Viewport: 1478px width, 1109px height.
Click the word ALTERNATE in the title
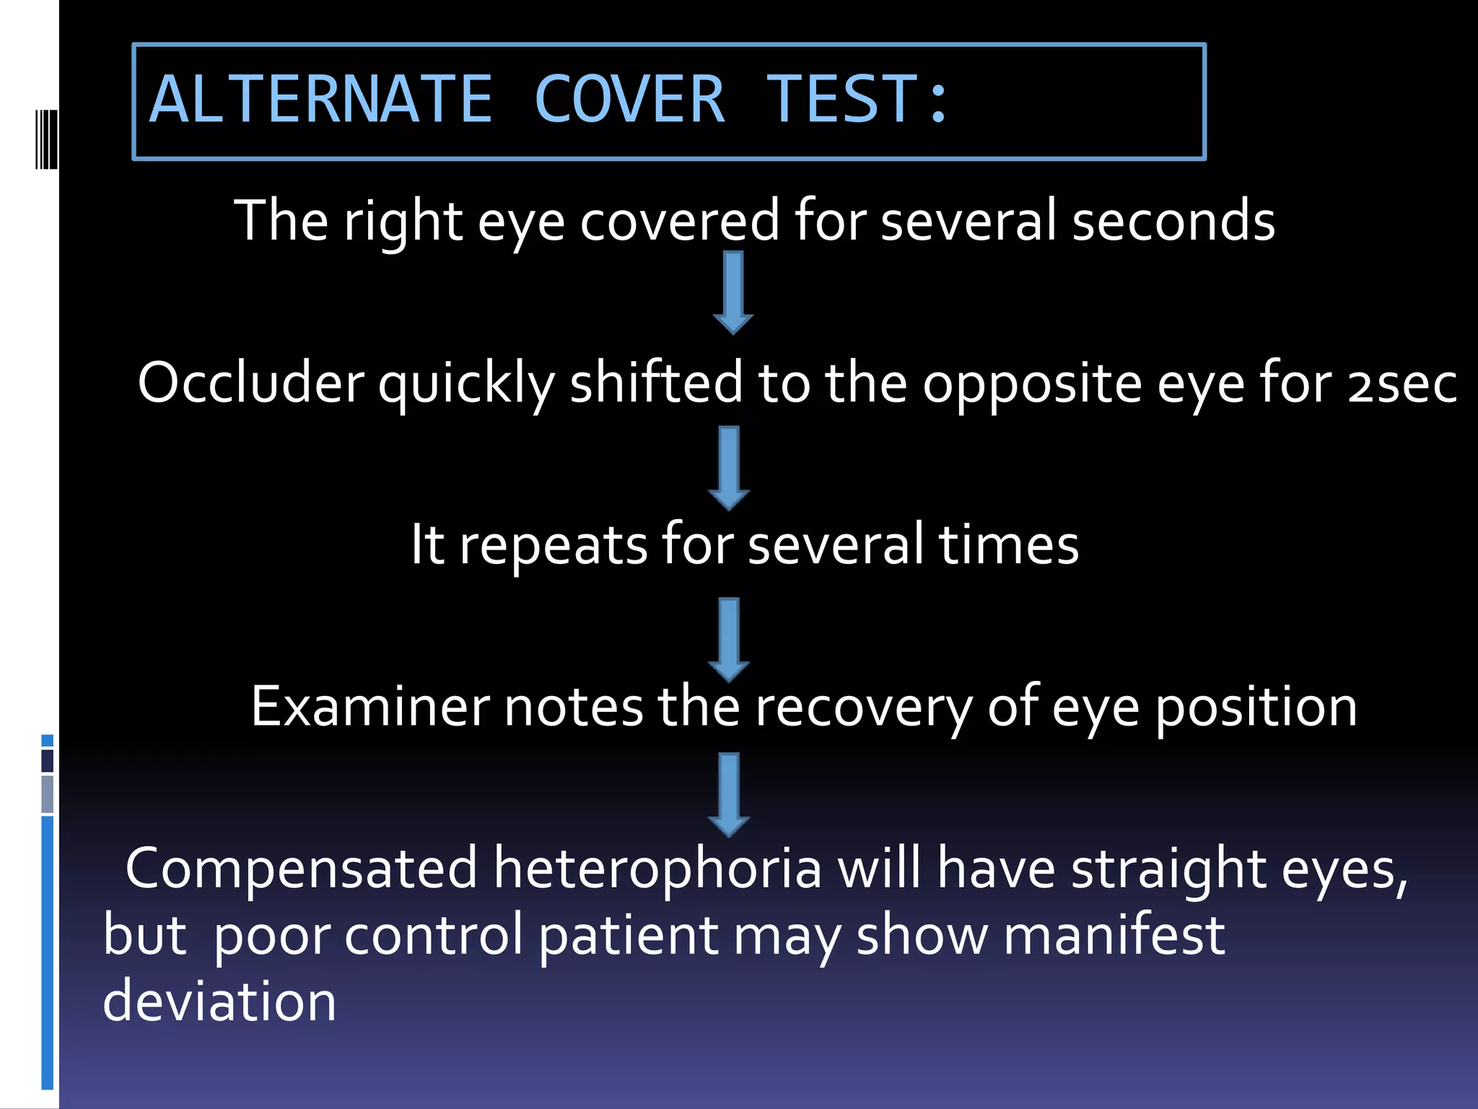pyautogui.click(x=320, y=100)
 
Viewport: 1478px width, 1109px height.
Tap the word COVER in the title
pyautogui.click(x=629, y=100)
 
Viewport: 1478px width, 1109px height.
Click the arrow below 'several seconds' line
pyautogui.click(x=733, y=292)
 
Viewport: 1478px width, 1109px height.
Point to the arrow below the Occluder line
pyautogui.click(x=729, y=468)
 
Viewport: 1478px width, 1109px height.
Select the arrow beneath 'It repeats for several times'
pyautogui.click(x=729, y=639)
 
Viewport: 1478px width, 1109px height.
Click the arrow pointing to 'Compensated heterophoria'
pyautogui.click(x=729, y=794)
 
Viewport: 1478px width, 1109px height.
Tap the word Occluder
pyautogui.click(x=250, y=383)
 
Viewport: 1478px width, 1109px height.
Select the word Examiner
pyautogui.click(x=369, y=706)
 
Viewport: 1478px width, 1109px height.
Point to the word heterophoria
pyautogui.click(x=657, y=868)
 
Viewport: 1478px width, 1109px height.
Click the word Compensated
pyautogui.click(x=301, y=869)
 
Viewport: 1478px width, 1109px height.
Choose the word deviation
pyautogui.click(x=219, y=1001)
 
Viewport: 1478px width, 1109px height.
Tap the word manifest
pyautogui.click(x=1114, y=935)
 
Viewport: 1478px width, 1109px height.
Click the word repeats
pyautogui.click(x=553, y=545)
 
